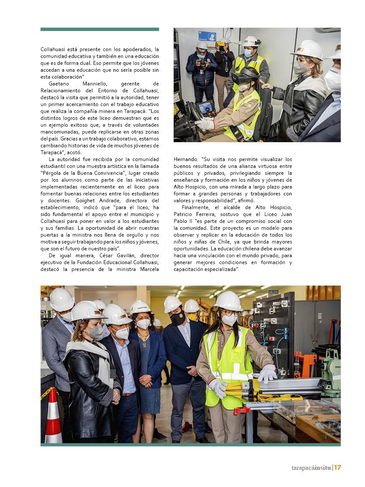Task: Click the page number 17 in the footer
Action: pos(338,467)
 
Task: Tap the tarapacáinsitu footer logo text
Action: pos(309,467)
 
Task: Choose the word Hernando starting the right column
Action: pos(185,159)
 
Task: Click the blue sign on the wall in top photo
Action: pos(207,36)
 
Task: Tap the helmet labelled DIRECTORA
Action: pos(140,307)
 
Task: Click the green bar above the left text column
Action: pos(100,29)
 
